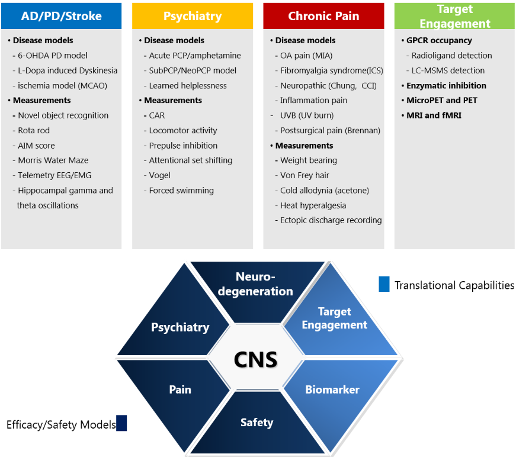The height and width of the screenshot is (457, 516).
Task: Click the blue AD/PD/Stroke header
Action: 61,16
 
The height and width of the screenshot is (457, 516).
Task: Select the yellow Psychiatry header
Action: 193,16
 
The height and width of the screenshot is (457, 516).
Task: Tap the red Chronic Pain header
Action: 323,16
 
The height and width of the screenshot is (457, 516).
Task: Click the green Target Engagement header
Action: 454,16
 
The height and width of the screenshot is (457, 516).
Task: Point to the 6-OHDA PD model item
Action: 53,56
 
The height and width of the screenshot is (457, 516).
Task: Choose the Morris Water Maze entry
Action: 53,160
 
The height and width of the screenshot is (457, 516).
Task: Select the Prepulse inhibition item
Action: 183,146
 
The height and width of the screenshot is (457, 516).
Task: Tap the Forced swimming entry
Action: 181,191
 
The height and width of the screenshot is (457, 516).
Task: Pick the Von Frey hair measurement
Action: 305,175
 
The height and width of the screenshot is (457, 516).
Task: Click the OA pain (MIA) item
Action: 306,56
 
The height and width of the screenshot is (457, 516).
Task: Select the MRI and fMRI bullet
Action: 434,115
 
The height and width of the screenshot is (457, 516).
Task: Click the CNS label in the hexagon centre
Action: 255,359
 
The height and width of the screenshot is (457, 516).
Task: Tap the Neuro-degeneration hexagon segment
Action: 264,284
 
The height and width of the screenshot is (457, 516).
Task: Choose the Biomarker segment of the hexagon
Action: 332,390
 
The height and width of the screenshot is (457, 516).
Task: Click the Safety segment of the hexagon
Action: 257,423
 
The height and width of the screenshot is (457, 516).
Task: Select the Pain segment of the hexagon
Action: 180,390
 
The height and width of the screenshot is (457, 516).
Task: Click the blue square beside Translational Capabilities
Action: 384,284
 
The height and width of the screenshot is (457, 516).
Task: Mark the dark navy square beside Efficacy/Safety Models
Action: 121,423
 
